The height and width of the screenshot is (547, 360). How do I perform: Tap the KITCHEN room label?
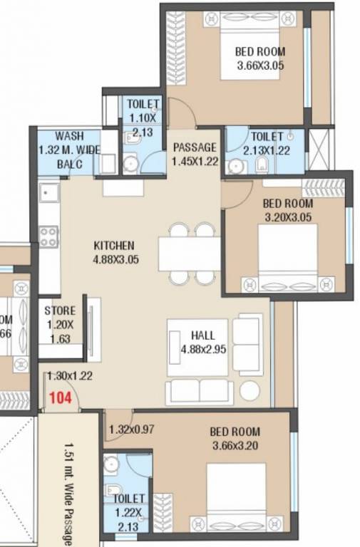pos(115,246)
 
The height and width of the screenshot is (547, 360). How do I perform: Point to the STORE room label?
pos(59,311)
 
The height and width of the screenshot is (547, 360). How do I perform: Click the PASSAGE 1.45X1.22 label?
pos(195,154)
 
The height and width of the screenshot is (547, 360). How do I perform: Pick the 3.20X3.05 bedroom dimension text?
pos(288,216)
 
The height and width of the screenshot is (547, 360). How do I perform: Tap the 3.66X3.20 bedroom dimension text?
pos(235,445)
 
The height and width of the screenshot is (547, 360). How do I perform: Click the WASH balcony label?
pos(70,135)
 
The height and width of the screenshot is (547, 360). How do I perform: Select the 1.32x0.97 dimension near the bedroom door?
pos(133,430)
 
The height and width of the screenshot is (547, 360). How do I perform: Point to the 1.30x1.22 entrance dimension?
pos(70,375)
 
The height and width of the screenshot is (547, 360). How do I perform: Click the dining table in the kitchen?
pos(190,254)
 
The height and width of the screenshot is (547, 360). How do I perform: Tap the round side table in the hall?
pos(250,391)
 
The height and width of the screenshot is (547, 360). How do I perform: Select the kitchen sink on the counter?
pos(49,192)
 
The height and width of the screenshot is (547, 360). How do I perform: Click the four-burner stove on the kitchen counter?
pos(48,236)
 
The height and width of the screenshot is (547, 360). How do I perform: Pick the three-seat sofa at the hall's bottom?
pos(199,391)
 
